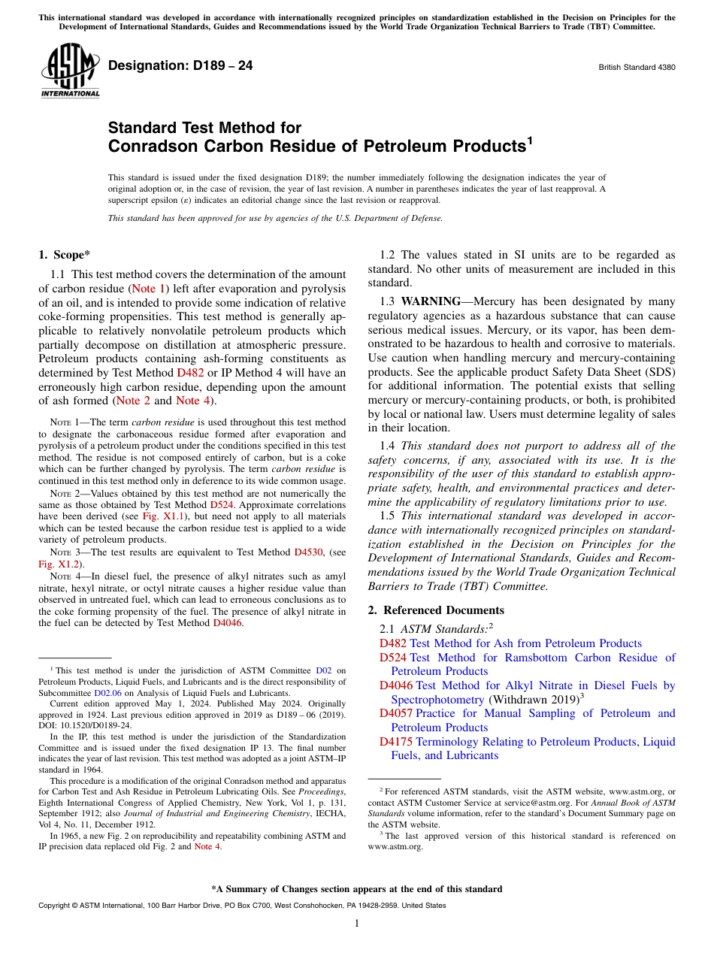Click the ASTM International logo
click(70, 71)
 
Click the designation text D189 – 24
click(180, 66)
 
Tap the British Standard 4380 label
click(637, 67)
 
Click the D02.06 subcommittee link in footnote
click(107, 693)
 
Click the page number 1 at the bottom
click(357, 924)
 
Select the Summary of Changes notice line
click(356, 889)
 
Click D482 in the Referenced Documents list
click(393, 643)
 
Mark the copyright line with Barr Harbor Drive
click(241, 906)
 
